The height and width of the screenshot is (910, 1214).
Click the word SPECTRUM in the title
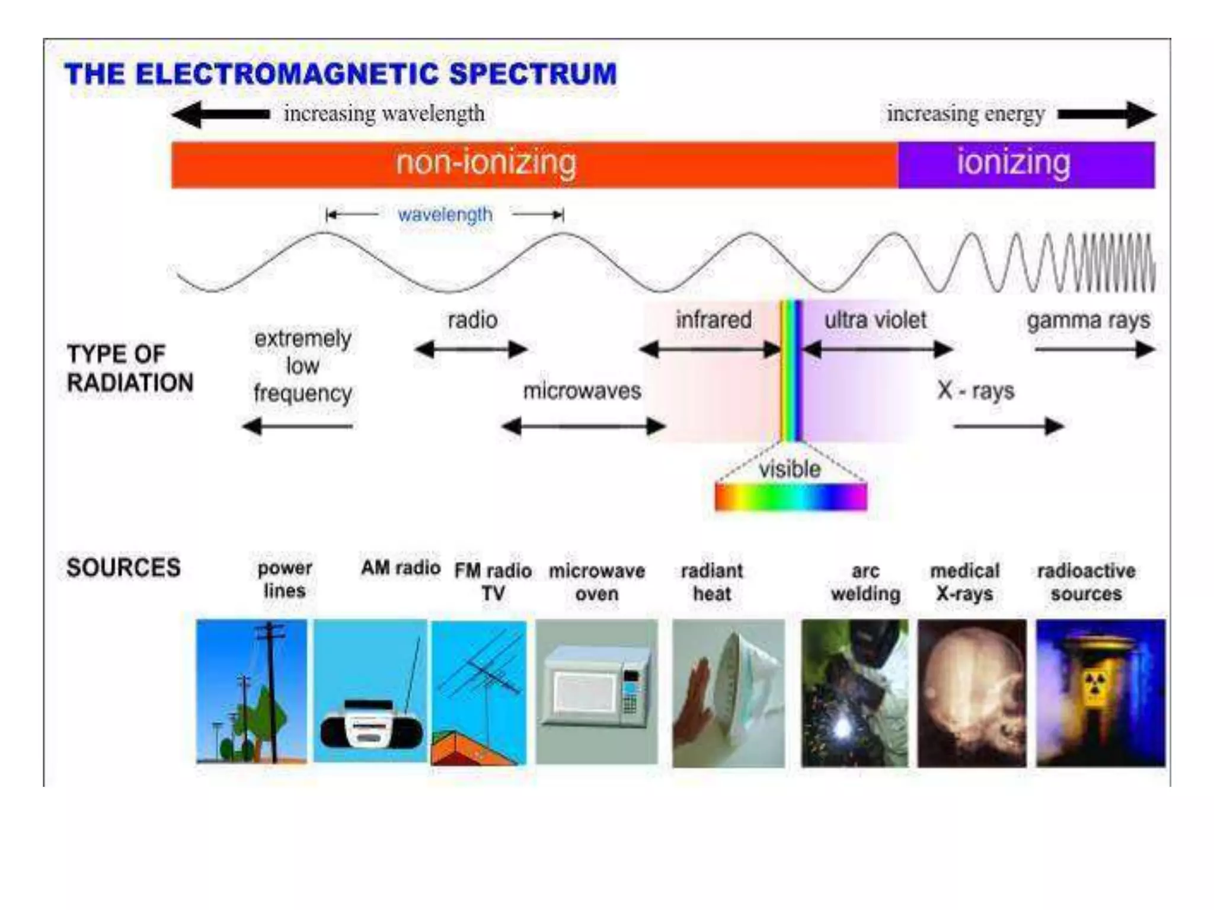coord(532,75)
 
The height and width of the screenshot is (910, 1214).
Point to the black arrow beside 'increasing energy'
coord(1106,114)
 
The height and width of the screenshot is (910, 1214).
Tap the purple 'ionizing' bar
coord(1025,164)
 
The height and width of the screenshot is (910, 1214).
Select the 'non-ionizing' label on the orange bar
coord(486,163)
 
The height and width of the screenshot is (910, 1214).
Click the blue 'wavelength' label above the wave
coord(445,214)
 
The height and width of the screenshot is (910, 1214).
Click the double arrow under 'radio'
coord(471,350)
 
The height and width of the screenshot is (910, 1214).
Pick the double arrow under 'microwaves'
coord(583,426)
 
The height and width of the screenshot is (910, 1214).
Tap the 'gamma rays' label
coord(1088,321)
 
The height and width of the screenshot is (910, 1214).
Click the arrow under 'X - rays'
coord(1008,426)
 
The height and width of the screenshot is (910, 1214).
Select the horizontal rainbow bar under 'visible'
coord(791,496)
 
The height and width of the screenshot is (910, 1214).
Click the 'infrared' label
coord(714,321)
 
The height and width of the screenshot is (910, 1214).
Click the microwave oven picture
coord(596,691)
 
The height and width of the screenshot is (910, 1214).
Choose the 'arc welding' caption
coord(865,582)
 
